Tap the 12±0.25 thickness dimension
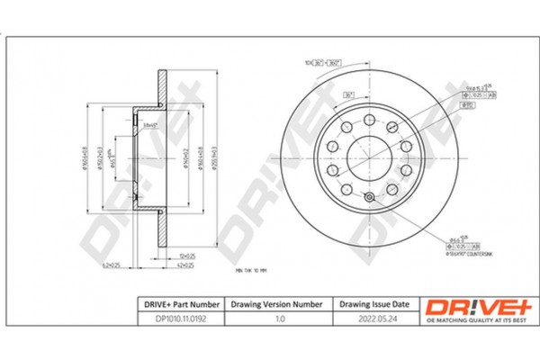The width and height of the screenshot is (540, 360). (x=187, y=256)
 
